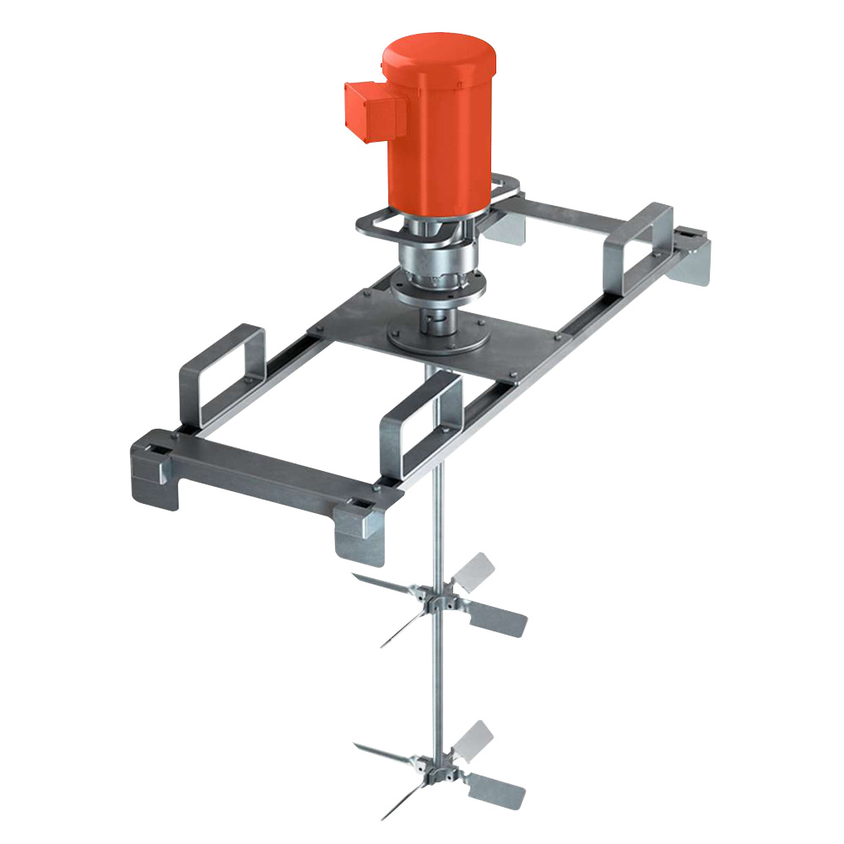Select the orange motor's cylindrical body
(443, 135)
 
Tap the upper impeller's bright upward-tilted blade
(473, 572)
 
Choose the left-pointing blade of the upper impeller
(384, 584)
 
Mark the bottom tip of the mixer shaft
(437, 814)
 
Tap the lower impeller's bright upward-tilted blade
(473, 739)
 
